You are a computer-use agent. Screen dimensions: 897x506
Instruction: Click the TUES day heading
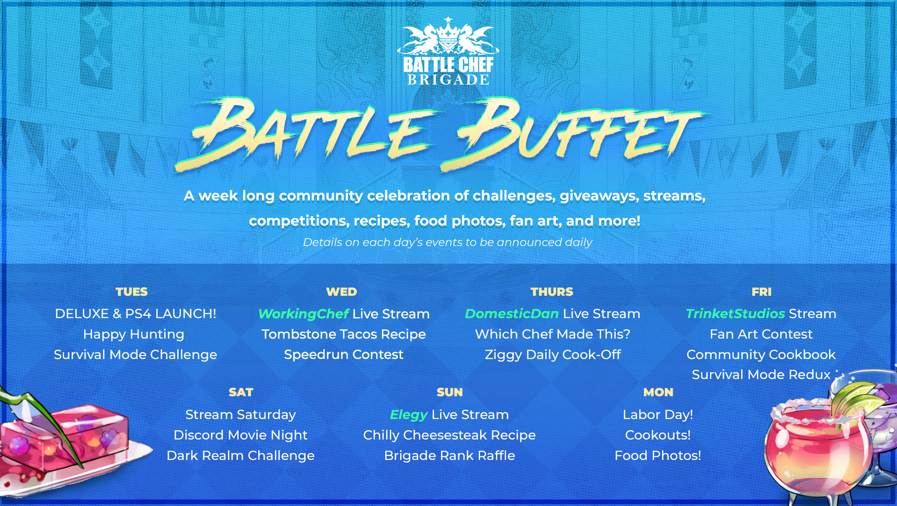point(132,292)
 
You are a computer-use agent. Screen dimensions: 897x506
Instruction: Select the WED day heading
point(341,292)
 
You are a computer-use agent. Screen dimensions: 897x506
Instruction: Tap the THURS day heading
point(552,292)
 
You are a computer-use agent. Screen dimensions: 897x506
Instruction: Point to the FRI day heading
point(762,292)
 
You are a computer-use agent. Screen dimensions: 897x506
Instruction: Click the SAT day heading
point(241,392)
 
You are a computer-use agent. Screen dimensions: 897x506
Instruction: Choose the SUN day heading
point(450,392)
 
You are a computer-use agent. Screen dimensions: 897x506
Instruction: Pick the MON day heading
point(658,392)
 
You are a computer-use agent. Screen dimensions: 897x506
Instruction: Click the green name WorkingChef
point(303,314)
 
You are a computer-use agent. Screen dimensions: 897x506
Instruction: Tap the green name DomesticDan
point(512,314)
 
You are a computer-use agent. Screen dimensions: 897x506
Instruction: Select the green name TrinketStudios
point(736,314)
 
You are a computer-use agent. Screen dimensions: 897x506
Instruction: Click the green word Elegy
point(409,415)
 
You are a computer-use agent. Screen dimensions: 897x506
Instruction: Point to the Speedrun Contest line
point(344,354)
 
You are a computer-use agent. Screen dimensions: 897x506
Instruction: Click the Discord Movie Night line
point(241,435)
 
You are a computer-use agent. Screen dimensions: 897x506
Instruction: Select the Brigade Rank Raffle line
point(449,455)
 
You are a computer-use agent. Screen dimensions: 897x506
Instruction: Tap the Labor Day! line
point(658,415)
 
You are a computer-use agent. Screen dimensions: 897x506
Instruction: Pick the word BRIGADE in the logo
point(448,80)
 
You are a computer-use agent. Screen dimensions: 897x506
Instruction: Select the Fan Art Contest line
point(761,334)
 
